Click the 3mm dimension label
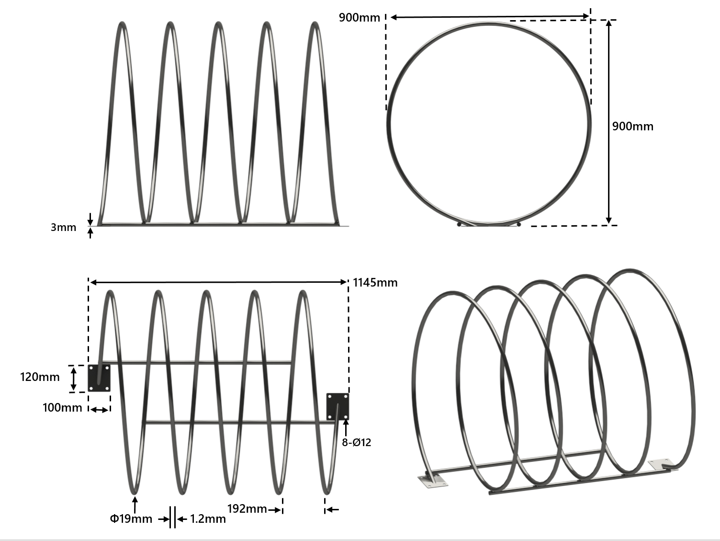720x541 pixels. [63, 227]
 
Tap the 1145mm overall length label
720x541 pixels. [375, 283]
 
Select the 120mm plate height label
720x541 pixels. [40, 377]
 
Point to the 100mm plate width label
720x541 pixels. [62, 408]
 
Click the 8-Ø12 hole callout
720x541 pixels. [356, 442]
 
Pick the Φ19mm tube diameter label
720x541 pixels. [131, 518]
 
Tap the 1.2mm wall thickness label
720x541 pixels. [208, 518]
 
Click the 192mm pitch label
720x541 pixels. [247, 509]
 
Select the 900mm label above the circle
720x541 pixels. [359, 18]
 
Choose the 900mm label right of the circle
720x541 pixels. [632, 127]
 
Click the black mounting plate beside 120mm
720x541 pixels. [99, 378]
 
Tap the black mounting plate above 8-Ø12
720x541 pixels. [337, 406]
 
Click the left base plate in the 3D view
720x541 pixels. [433, 481]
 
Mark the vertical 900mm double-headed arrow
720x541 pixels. [608, 122]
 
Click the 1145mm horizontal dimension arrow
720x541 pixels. [218, 282]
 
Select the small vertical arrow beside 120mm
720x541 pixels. [73, 379]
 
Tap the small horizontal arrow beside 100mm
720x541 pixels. [100, 410]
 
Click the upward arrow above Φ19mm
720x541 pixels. [135, 505]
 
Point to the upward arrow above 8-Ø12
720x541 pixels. [345, 427]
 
